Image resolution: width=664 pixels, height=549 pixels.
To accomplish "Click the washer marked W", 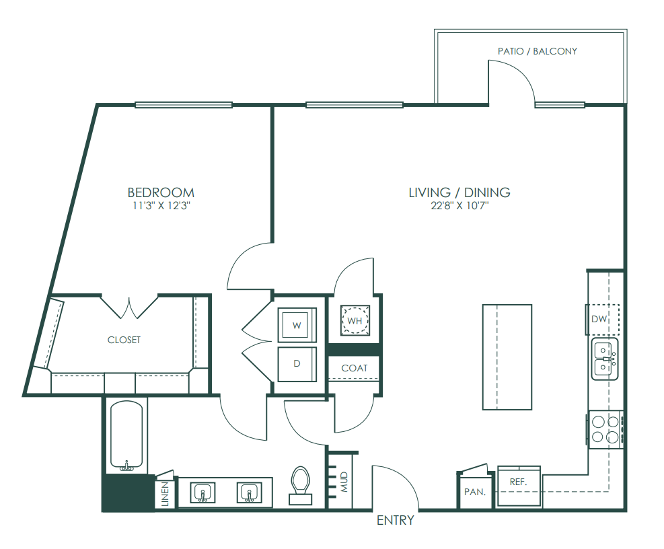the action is [x=297, y=325].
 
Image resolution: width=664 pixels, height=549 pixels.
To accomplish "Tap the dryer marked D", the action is [x=297, y=364].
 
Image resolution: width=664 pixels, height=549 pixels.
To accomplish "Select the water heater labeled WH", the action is [x=355, y=320].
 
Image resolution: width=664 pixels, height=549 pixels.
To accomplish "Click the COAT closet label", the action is [x=355, y=368].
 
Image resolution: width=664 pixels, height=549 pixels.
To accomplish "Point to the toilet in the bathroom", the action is [x=301, y=485].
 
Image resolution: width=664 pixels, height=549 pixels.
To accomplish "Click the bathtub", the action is [x=126, y=437].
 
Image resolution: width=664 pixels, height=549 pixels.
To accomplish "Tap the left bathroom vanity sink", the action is [x=202, y=492].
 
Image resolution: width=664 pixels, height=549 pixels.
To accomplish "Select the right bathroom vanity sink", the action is [x=249, y=492].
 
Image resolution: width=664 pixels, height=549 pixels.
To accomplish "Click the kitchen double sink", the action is [x=605, y=359].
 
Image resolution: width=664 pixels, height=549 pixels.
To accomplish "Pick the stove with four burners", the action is [x=605, y=429].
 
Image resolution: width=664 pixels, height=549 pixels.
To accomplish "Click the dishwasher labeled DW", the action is [x=602, y=319].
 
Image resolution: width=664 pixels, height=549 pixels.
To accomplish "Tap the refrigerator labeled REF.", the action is [x=519, y=486].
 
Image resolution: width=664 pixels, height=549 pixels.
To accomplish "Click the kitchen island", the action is [x=507, y=357].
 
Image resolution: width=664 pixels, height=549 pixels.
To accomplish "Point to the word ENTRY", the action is [x=396, y=520].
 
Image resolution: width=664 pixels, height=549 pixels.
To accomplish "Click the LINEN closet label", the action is [x=165, y=494].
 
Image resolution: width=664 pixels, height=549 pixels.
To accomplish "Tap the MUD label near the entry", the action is [x=344, y=482].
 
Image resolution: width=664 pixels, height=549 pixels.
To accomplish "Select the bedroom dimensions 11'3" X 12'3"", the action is [x=161, y=206].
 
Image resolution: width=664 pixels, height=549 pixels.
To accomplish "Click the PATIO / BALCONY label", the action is [x=538, y=51].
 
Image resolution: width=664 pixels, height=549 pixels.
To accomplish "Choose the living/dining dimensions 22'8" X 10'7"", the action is [x=460, y=206].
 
